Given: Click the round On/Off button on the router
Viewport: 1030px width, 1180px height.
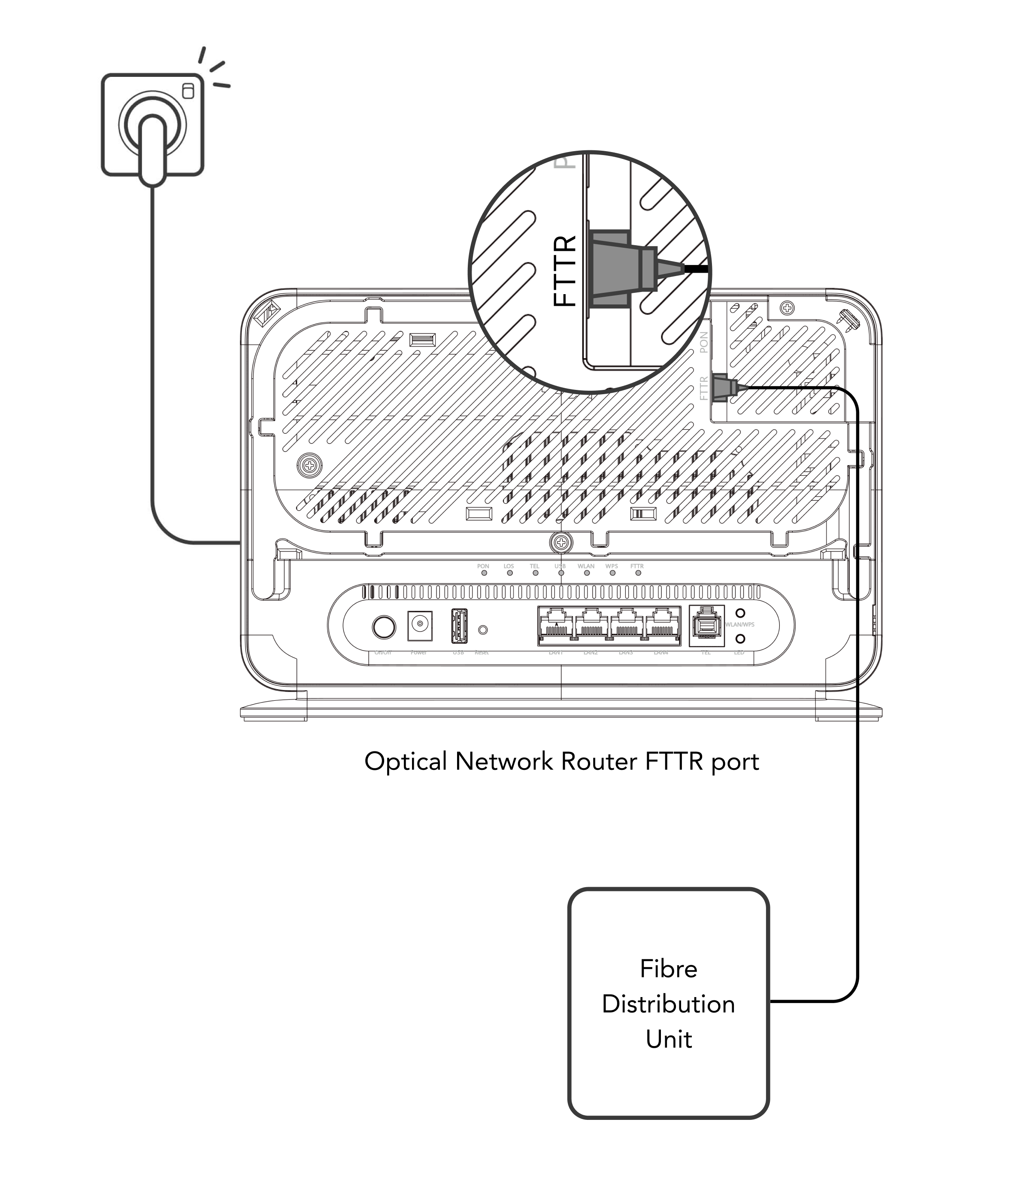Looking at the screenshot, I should [x=384, y=627].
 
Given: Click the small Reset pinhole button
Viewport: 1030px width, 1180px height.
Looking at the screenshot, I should [x=483, y=630].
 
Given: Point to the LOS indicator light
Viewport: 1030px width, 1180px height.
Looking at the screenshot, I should [x=510, y=573].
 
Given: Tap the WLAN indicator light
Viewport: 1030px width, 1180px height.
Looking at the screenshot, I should [x=587, y=573].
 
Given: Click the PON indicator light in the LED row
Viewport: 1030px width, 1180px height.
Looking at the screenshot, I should [x=484, y=573].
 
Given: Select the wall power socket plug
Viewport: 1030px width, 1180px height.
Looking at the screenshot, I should [x=153, y=144].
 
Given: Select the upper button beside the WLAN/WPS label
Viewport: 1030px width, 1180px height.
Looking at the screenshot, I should [x=740, y=614].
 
